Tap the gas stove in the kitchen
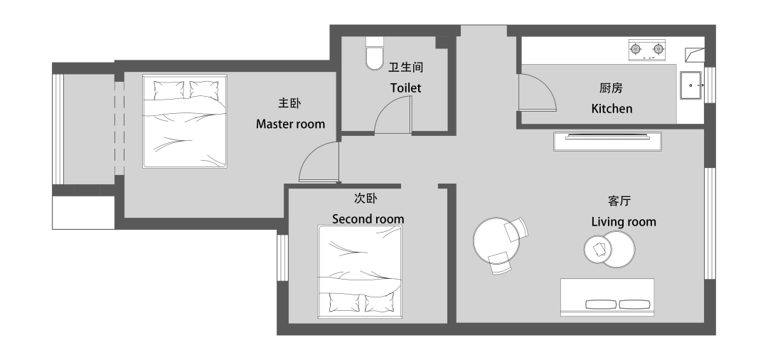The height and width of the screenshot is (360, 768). pos(646,49)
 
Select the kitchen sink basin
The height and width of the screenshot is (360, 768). pos(691,85)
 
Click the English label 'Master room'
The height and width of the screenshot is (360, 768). pos(290,124)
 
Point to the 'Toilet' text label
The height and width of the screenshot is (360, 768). pos(405,88)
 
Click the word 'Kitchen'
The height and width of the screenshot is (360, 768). pos(612,109)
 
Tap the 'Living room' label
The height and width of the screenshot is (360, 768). pos(624,222)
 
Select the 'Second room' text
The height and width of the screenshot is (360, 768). pos(368,218)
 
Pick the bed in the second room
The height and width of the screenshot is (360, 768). pos(361,270)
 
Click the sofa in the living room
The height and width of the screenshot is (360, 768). pos(607,297)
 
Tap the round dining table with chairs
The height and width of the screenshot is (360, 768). pos(497,243)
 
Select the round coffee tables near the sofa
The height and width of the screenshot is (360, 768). pos(609,249)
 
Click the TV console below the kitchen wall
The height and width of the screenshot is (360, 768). pos(608,141)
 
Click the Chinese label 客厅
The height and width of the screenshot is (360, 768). pos(620,201)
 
